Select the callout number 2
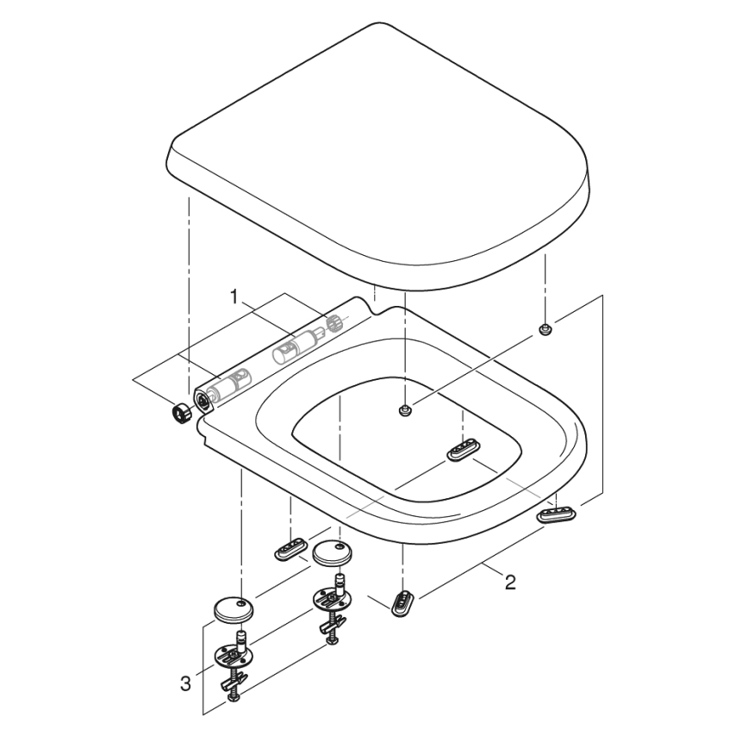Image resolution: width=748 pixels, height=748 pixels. coord(510,583)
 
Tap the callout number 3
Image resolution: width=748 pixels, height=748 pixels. coord(185,685)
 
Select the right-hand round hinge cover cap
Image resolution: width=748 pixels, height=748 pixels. coord(330,552)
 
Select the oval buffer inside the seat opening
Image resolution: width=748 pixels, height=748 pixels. coord(464,449)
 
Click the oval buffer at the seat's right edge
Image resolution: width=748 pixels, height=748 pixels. coord(557,514)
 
